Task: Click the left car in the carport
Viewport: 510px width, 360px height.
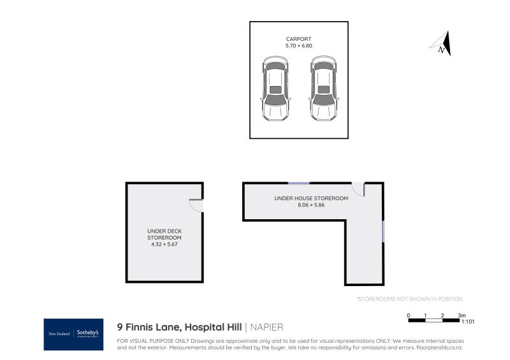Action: click(x=275, y=89)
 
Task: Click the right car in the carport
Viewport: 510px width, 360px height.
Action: click(x=323, y=89)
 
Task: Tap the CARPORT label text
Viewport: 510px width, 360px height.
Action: click(x=298, y=39)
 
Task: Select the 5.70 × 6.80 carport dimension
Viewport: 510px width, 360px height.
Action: click(x=298, y=47)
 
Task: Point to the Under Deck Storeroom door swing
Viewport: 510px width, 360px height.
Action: click(x=196, y=205)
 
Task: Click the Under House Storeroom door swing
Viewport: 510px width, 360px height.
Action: click(x=358, y=189)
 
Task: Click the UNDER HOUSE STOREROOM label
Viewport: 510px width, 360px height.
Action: click(x=311, y=198)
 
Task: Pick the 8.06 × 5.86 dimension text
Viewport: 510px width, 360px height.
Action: click(x=311, y=205)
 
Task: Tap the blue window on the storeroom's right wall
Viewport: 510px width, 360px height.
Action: click(x=383, y=231)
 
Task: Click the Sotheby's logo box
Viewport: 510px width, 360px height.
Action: click(x=73, y=334)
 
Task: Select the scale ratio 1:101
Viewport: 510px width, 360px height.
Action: click(x=467, y=322)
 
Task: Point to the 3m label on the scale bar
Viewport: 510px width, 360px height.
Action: click(x=462, y=315)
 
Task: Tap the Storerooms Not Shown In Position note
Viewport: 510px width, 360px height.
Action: click(x=409, y=299)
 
